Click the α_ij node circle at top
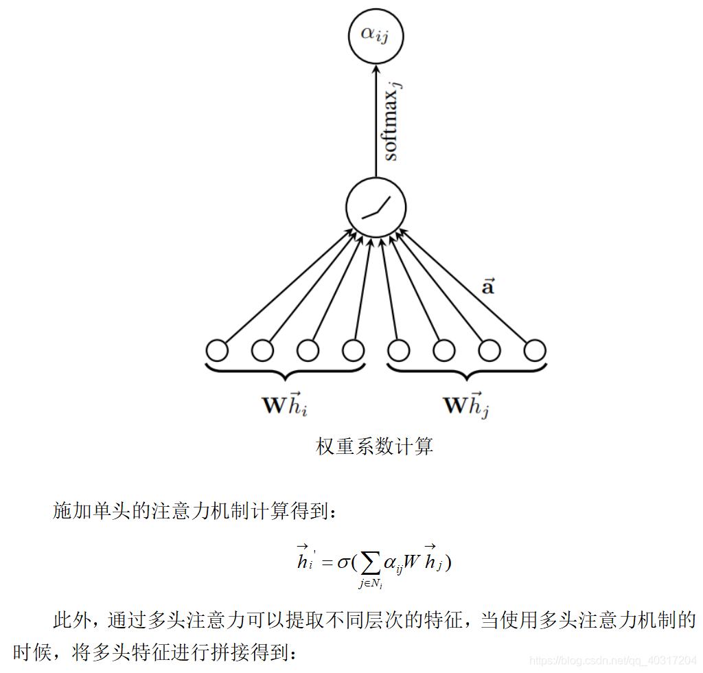[375, 35]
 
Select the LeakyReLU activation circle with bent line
[376, 207]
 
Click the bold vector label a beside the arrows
[487, 286]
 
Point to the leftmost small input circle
[217, 351]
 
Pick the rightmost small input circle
[534, 351]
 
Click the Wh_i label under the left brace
[284, 404]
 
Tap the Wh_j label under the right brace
[466, 404]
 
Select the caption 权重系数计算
[375, 447]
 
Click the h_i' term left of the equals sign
[305, 560]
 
